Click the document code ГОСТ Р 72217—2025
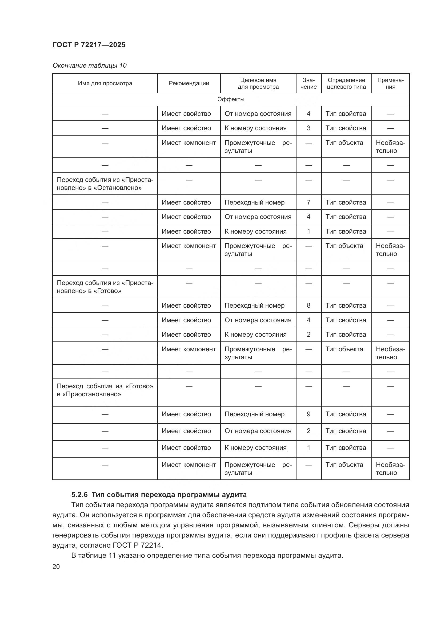point(89,45)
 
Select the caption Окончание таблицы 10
point(89,66)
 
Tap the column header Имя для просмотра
point(105,83)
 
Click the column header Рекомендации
point(189,83)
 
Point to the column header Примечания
point(390,83)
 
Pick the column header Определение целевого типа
point(346,83)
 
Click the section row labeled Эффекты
point(231,99)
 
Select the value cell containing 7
point(308,202)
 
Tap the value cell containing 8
point(308,305)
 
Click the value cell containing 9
point(308,414)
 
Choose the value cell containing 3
point(308,128)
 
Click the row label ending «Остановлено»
point(105,184)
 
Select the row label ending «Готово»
point(105,287)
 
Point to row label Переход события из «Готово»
point(105,390)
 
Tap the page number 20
point(56,567)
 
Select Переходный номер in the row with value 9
point(254,414)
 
